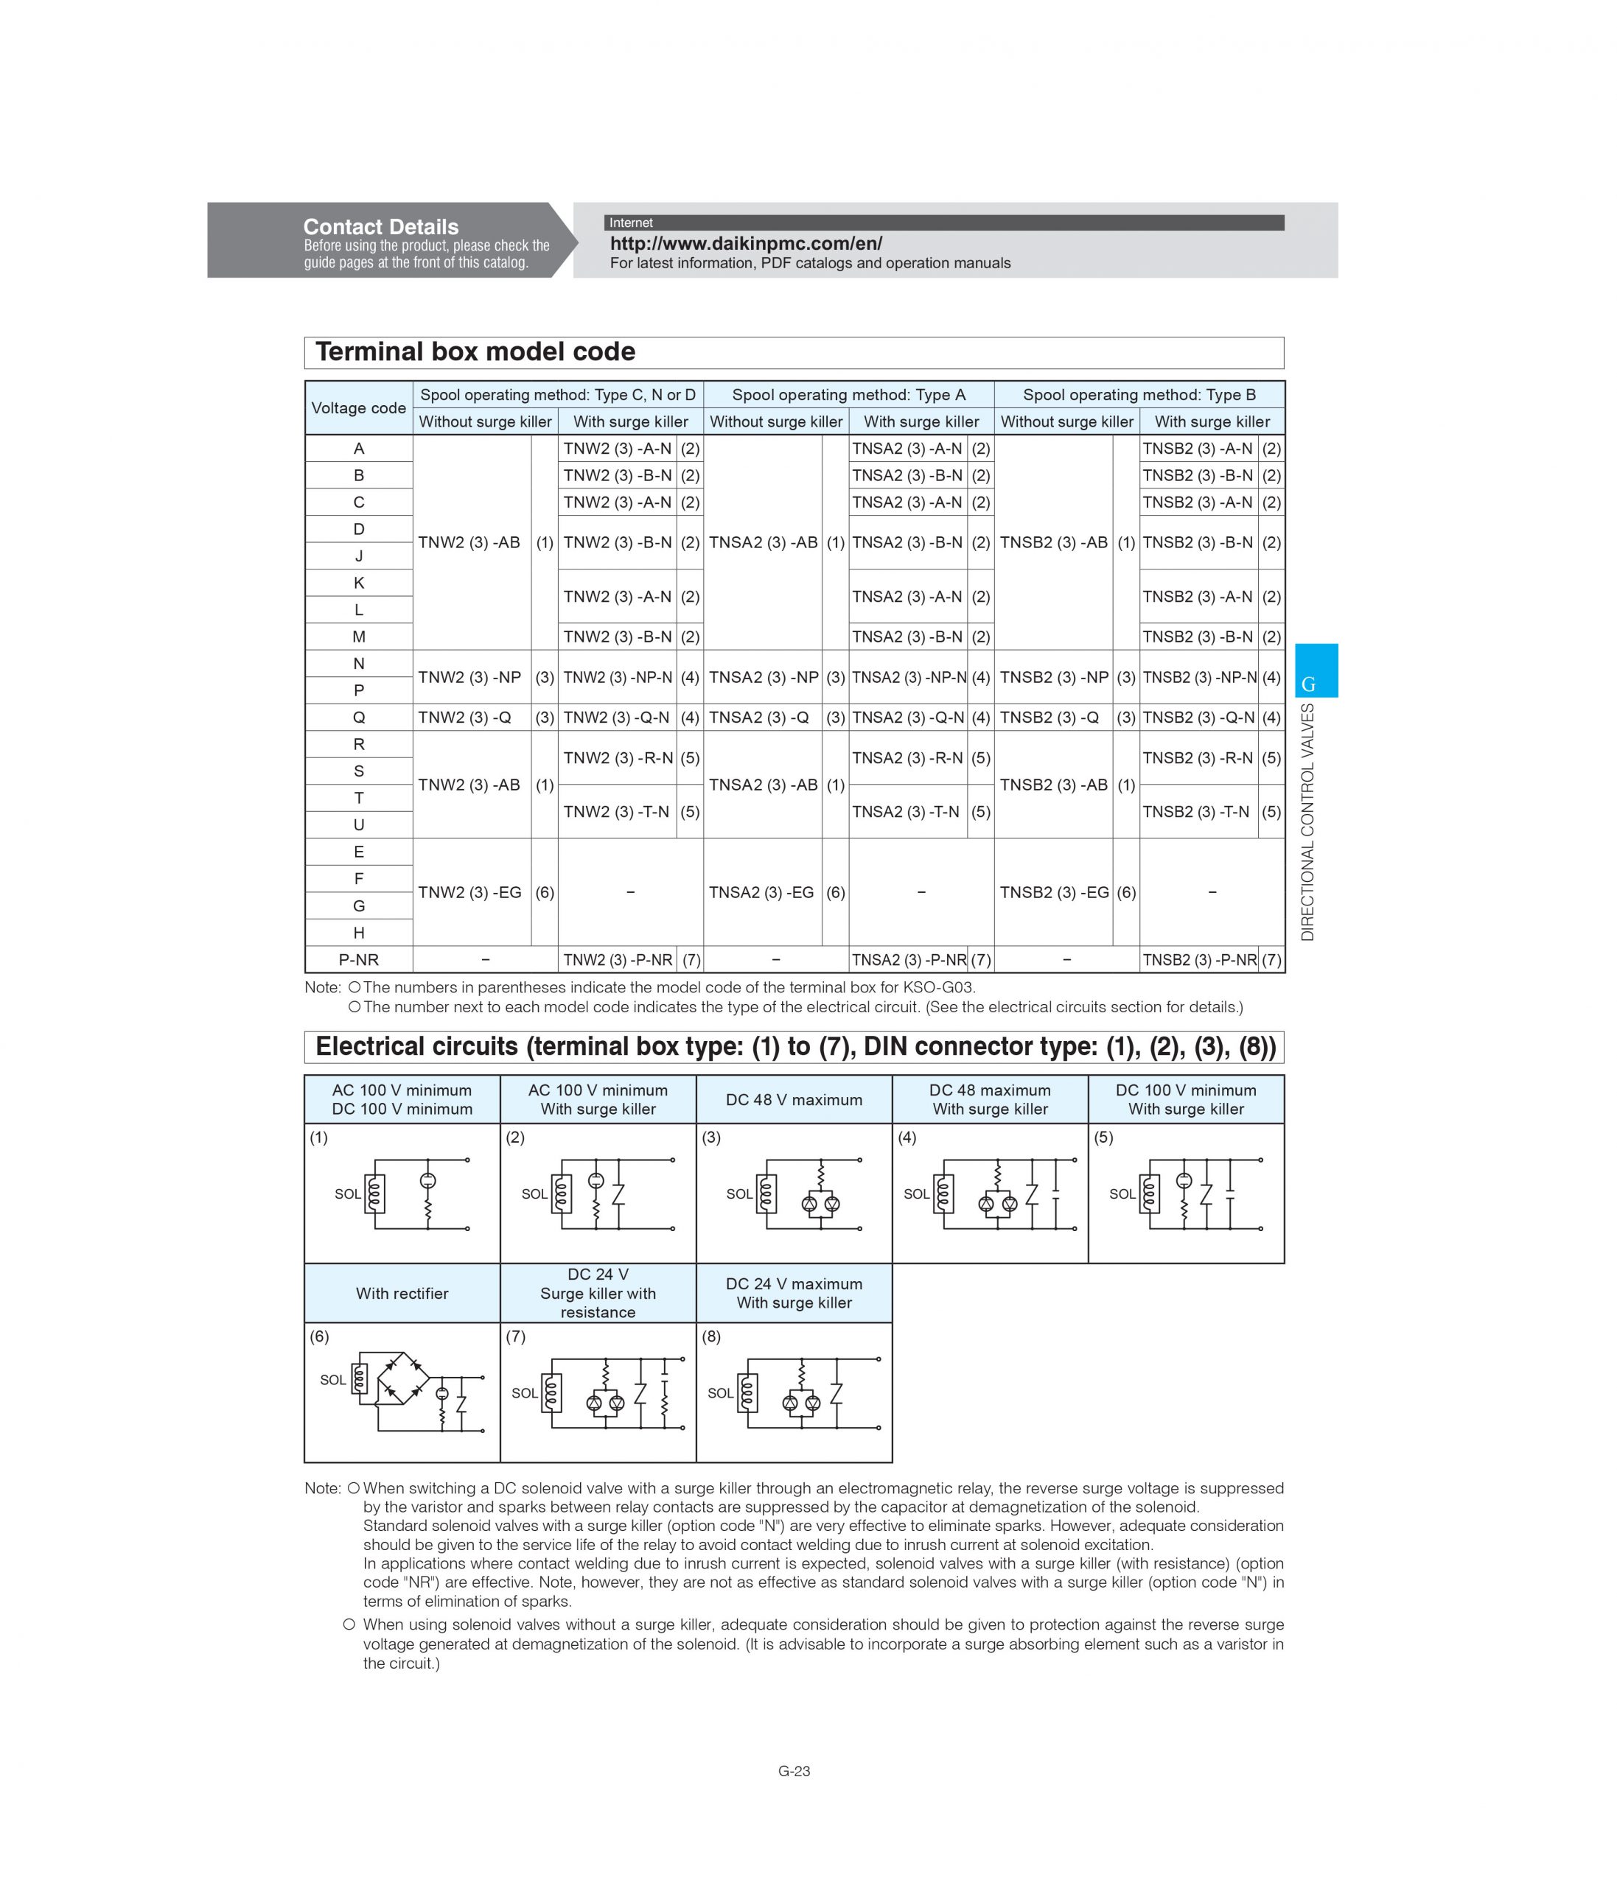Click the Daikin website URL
pyautogui.click(x=746, y=244)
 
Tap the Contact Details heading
pyautogui.click(x=380, y=227)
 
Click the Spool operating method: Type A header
pyautogui.click(x=848, y=394)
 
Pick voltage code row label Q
pyautogui.click(x=359, y=718)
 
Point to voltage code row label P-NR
pyautogui.click(x=359, y=959)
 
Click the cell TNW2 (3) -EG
pyautogui.click(x=469, y=892)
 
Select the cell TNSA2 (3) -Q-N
pyautogui.click(x=908, y=718)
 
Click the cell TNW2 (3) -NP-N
pyautogui.click(x=618, y=677)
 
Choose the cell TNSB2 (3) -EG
pyautogui.click(x=1053, y=892)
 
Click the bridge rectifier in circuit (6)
pyautogui.click(x=403, y=1378)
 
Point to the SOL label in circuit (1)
pyautogui.click(x=348, y=1194)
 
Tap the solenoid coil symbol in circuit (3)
pyautogui.click(x=766, y=1194)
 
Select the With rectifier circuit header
pyautogui.click(x=402, y=1294)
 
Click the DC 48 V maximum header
pyautogui.click(x=794, y=1100)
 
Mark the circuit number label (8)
pyautogui.click(x=711, y=1336)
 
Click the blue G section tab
pyautogui.click(x=1316, y=672)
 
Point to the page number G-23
pyautogui.click(x=794, y=1770)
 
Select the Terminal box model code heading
pyautogui.click(x=475, y=352)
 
